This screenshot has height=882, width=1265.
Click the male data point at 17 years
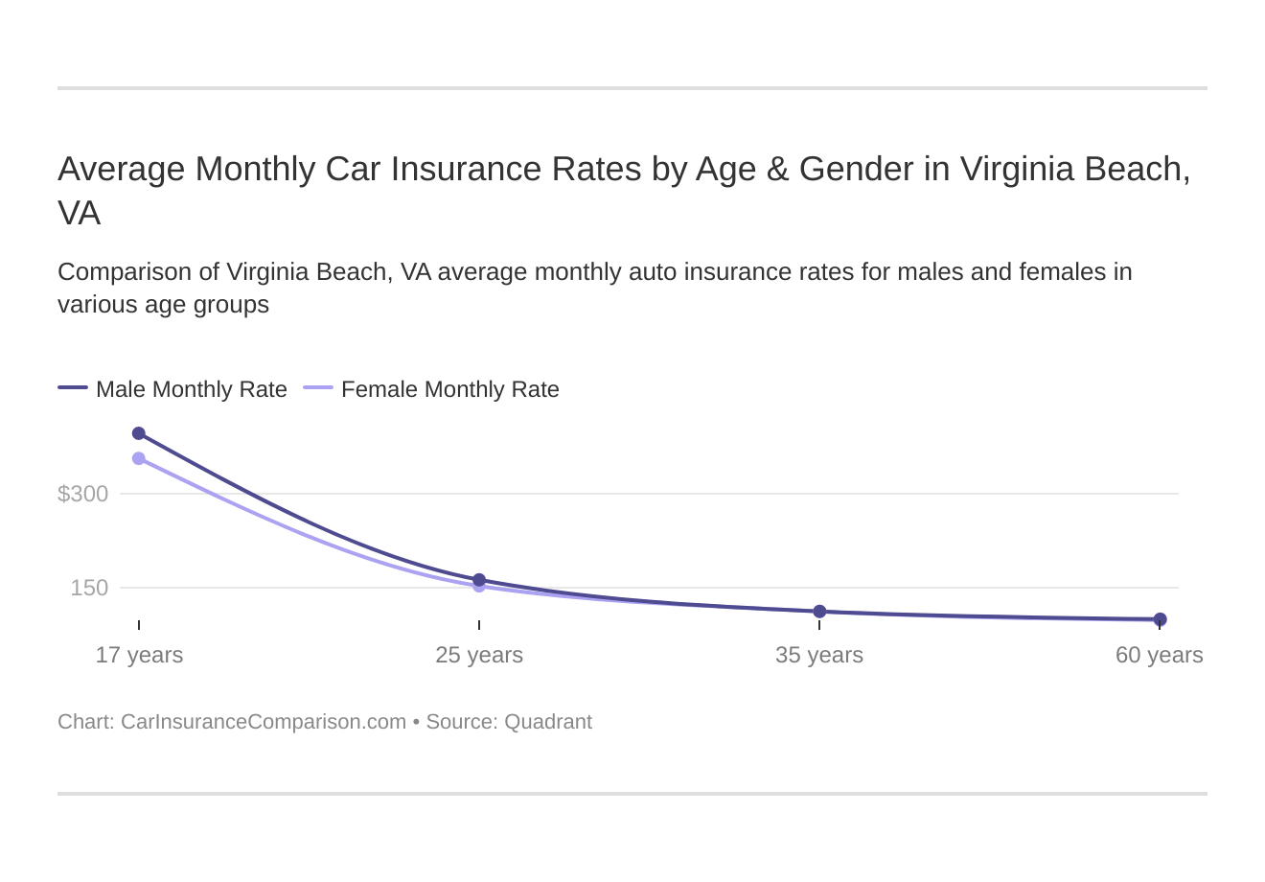pos(139,433)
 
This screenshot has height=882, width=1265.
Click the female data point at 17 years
pos(139,458)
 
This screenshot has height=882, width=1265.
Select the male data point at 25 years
pos(479,580)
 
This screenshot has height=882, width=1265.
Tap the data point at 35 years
pos(819,612)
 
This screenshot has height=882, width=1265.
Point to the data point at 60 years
pos(1160,619)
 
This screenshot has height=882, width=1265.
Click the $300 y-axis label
pos(83,494)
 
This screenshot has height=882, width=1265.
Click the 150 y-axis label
pos(89,588)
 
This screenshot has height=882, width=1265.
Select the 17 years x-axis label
pos(139,655)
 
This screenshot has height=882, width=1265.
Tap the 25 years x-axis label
pos(479,655)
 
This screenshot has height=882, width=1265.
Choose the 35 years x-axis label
pos(819,655)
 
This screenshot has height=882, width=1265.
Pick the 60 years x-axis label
pos(1159,655)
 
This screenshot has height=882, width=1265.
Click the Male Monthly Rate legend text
pos(192,389)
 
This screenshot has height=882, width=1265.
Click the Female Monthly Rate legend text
pos(449,389)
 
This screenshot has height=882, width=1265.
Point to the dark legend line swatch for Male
pos(73,387)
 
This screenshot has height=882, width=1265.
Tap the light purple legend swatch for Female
pos(318,387)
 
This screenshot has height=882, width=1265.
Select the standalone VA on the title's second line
pos(79,213)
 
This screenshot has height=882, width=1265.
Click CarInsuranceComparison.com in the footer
pos(264,721)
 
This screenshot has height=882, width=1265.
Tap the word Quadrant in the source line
pos(547,721)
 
